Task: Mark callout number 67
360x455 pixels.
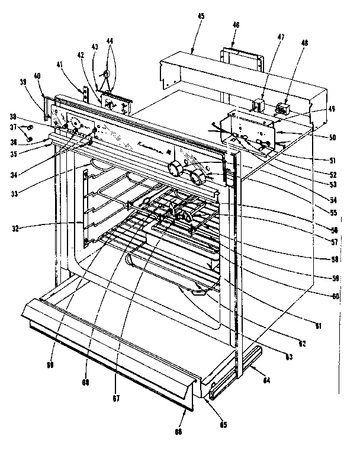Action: point(117,398)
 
